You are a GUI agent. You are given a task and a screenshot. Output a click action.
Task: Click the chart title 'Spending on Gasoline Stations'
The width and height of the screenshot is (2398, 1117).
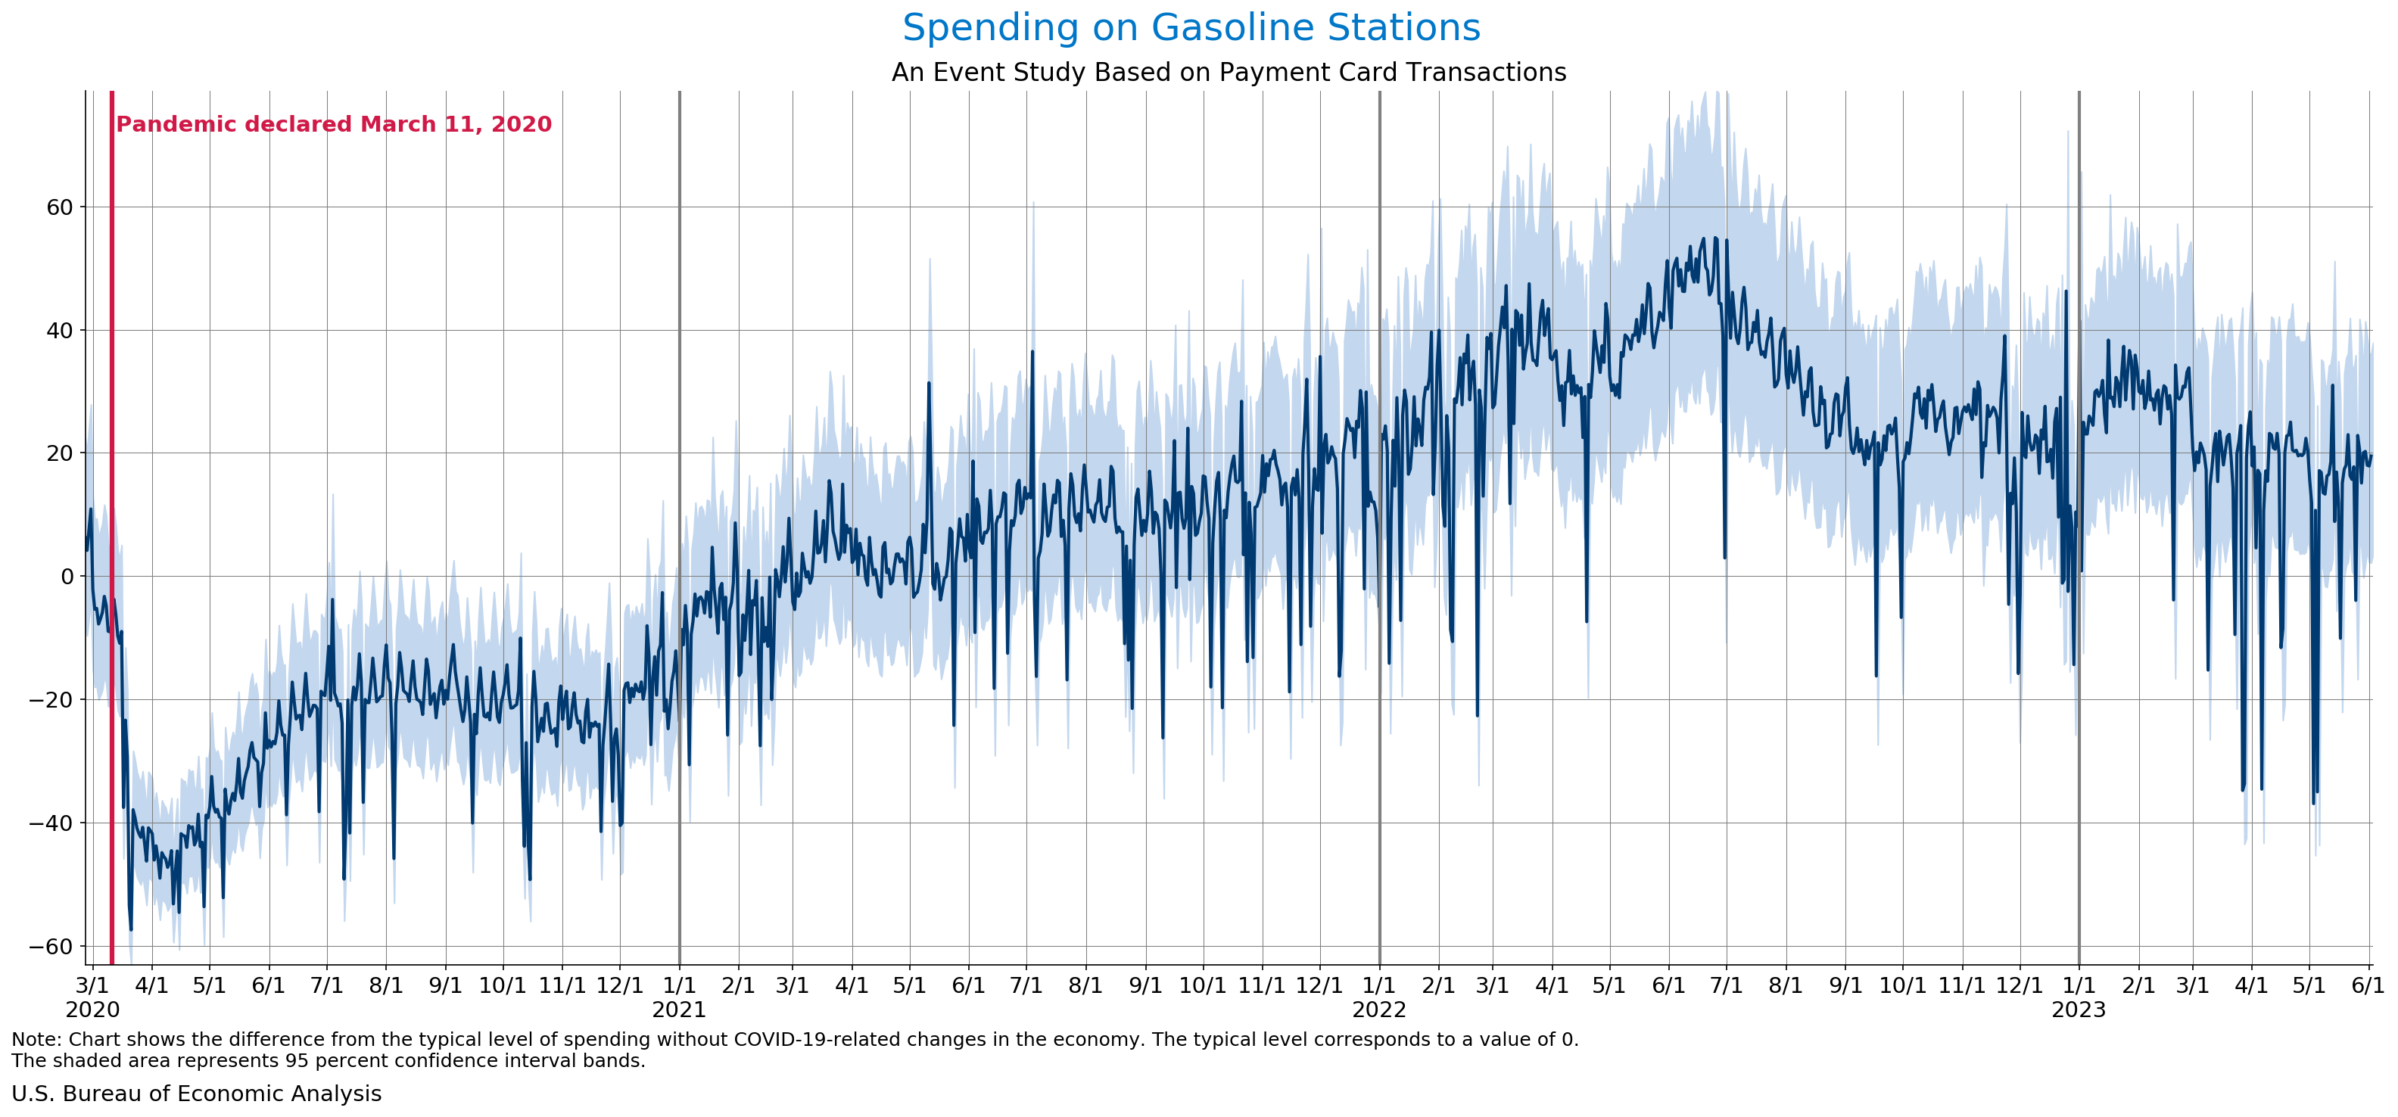[1191, 28]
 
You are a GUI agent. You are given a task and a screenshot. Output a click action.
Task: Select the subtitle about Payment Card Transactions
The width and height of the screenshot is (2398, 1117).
[1228, 73]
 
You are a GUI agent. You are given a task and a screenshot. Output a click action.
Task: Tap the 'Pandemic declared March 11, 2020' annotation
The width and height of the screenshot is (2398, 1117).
[333, 125]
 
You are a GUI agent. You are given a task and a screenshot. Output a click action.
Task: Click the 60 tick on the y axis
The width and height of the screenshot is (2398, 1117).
[60, 207]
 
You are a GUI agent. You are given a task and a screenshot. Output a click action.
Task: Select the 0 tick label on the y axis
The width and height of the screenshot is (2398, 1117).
[66, 576]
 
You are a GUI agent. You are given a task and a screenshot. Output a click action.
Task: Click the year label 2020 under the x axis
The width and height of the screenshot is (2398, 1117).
[92, 1010]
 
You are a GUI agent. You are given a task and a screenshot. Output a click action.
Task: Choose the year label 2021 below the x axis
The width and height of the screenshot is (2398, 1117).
[679, 1010]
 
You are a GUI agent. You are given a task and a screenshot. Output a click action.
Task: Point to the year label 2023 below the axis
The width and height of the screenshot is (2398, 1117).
[2078, 1010]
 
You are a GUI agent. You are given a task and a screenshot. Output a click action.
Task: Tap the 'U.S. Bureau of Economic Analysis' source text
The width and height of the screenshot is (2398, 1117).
[196, 1094]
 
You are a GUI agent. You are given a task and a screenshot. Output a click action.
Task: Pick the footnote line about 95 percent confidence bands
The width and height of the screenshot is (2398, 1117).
[328, 1061]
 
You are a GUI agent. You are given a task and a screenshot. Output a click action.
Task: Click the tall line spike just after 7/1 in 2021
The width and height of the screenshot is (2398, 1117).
[1032, 353]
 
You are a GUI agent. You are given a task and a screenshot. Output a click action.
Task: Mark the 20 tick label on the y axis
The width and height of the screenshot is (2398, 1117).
[60, 453]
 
